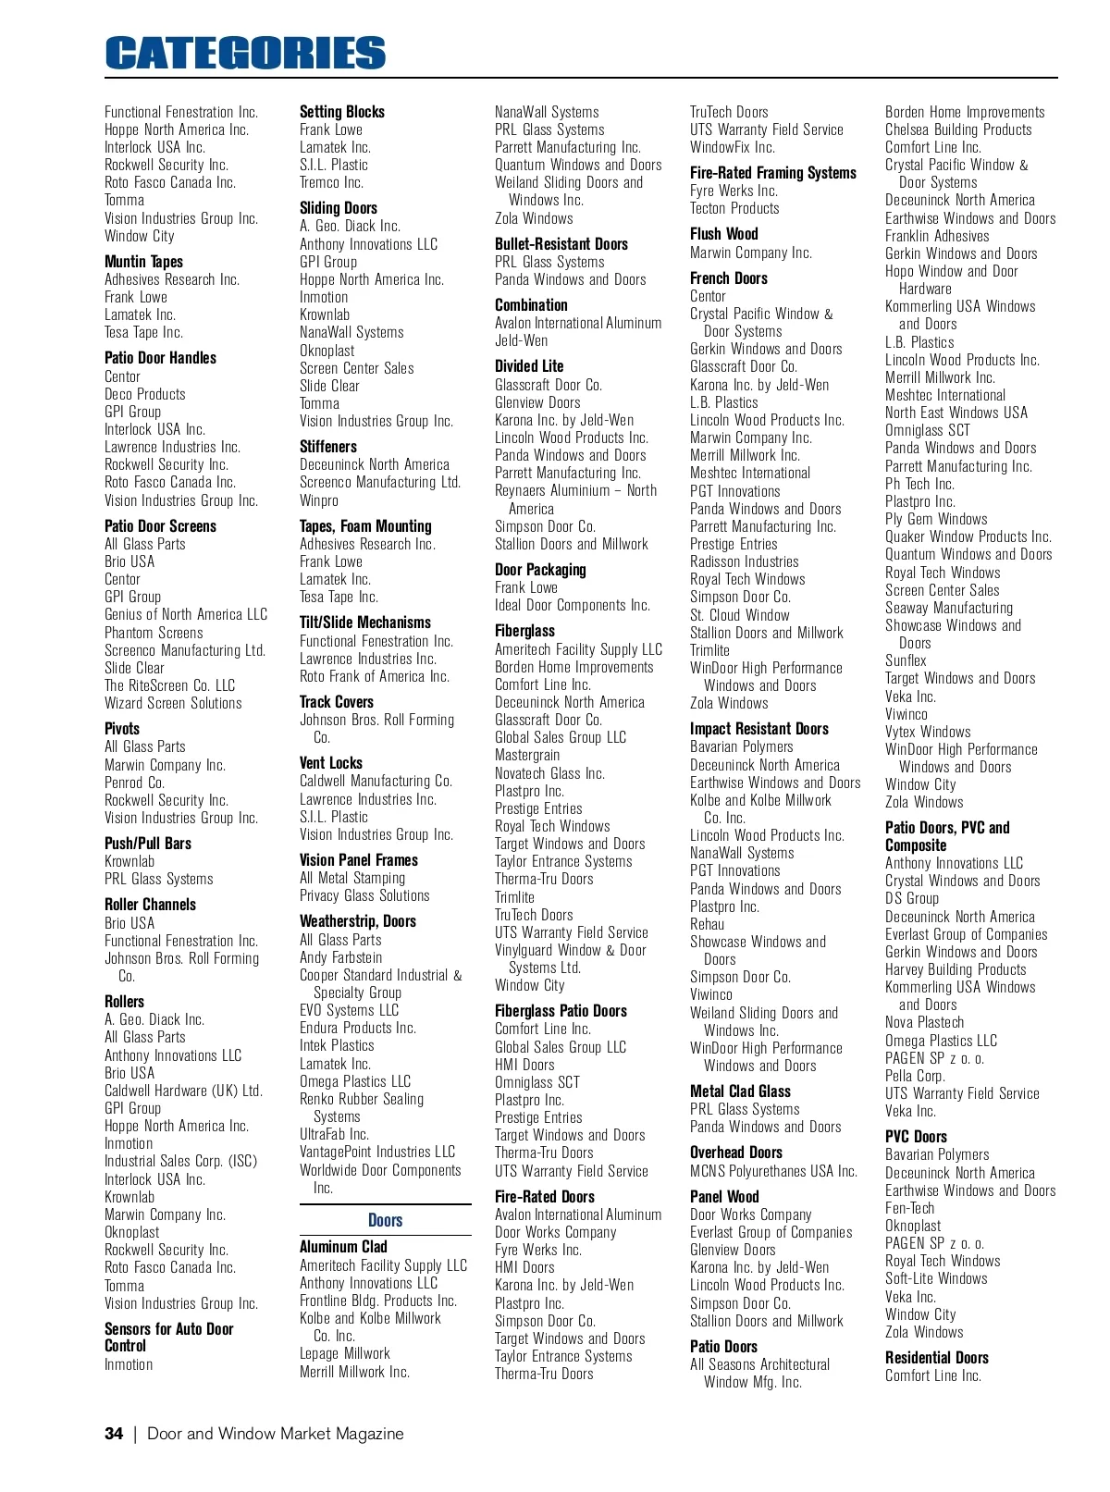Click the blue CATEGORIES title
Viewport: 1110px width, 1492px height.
pos(245,54)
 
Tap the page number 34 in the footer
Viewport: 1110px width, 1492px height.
pos(114,1434)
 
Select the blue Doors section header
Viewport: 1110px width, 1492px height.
pos(385,1220)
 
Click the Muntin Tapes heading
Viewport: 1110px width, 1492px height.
pos(143,262)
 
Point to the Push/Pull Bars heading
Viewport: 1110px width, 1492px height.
pos(148,844)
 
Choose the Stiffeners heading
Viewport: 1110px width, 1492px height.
pos(327,447)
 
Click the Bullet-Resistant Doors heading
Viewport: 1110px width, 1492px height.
pos(561,244)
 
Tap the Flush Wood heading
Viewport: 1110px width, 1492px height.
pos(723,234)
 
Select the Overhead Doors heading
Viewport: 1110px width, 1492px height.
pos(735,1153)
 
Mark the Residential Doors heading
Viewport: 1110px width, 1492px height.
pos(936,1358)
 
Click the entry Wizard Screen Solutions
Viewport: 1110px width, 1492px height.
pos(173,703)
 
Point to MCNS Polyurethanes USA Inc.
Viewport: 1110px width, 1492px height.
pos(773,1171)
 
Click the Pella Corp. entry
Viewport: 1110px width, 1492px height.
pos(915,1076)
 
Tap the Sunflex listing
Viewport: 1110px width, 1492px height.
pos(905,660)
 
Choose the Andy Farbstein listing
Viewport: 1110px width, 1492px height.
pos(340,957)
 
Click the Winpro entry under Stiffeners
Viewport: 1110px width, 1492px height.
pos(319,500)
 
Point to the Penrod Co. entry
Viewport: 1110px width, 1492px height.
pos(134,783)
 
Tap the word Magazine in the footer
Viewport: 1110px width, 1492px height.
pos(369,1434)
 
